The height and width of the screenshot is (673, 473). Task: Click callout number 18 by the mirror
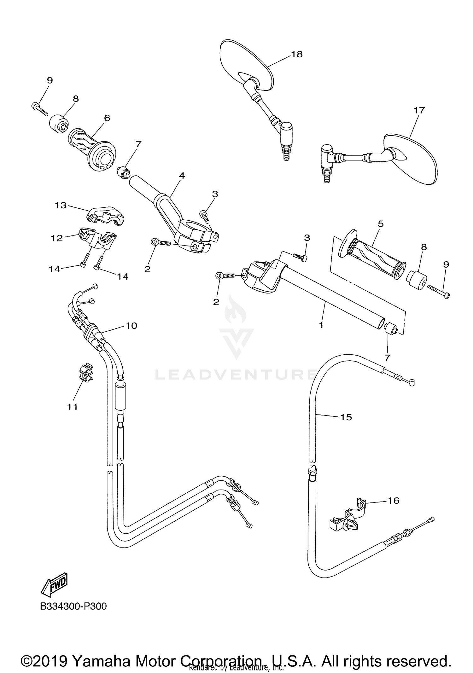point(297,54)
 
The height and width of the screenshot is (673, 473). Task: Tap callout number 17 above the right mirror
point(419,110)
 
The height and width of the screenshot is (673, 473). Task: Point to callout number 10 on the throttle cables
point(131,326)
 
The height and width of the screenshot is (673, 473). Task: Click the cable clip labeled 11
point(85,373)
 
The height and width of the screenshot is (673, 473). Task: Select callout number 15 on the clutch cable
point(346,417)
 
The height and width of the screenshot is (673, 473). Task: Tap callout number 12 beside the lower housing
point(57,238)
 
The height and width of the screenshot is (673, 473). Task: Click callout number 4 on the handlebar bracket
point(182,176)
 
